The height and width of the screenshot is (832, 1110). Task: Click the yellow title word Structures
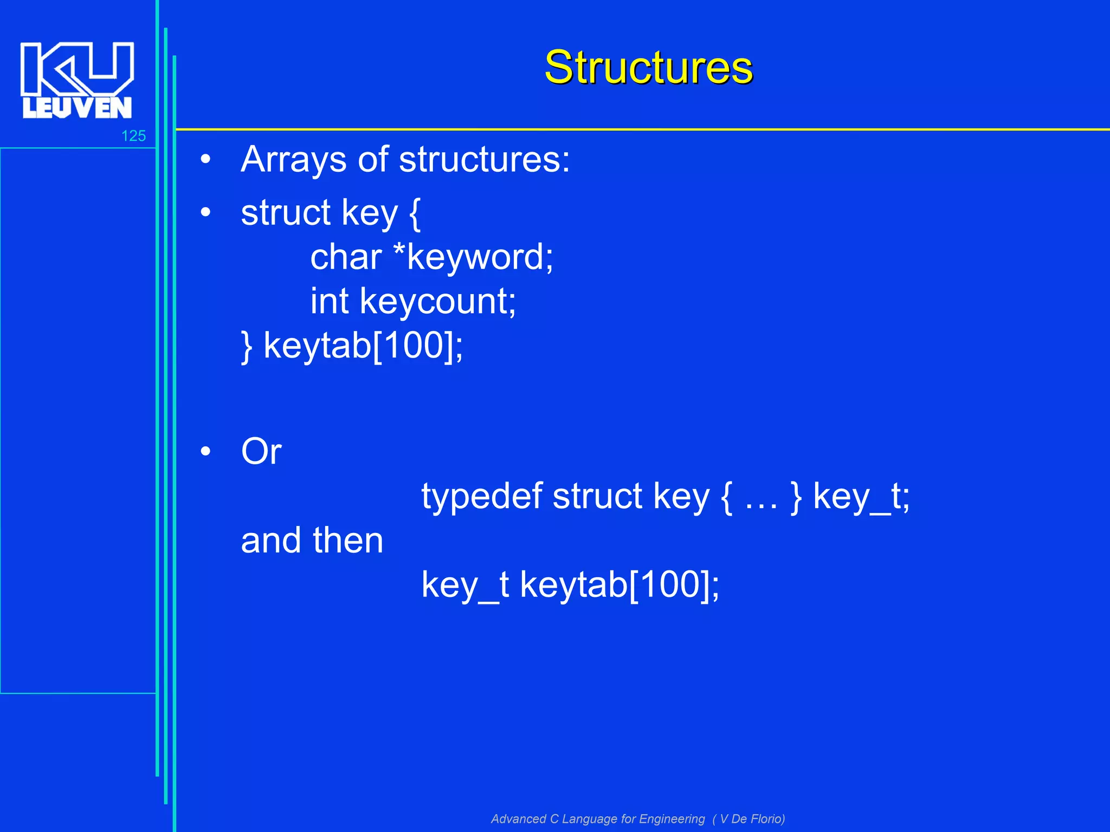[648, 67]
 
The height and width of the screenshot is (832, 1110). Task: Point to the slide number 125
[133, 136]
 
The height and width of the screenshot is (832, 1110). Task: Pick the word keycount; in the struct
[438, 302]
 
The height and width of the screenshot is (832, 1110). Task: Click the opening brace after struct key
[415, 213]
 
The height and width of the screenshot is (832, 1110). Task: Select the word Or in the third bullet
[261, 451]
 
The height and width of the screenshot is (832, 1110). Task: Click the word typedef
[482, 497]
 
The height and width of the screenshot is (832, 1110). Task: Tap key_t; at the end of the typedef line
[861, 497]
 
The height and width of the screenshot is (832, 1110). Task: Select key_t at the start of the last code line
[465, 585]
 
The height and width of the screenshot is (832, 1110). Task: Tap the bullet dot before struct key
[205, 212]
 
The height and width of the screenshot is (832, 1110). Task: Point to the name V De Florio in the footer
[751, 818]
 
